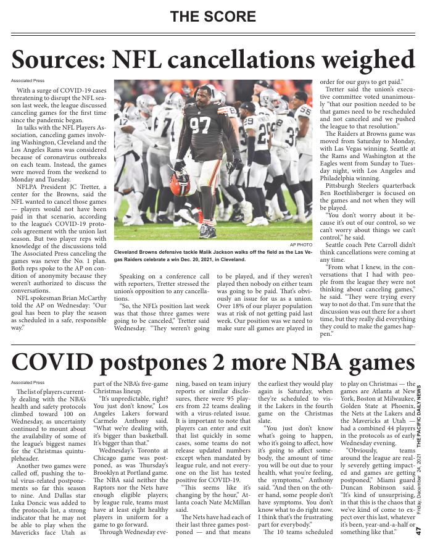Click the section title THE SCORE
tap(213, 16)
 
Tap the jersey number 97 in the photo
tap(200, 125)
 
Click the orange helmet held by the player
tap(180, 183)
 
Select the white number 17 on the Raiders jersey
tap(124, 121)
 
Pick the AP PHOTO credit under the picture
tap(301, 245)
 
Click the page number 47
tap(419, 531)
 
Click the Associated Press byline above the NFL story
tap(28, 81)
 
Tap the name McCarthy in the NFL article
tap(94, 297)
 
